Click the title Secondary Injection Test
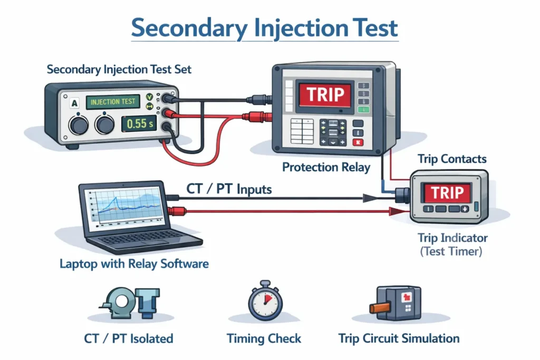pos(264,28)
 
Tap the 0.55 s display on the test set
pos(139,124)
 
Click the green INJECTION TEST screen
pos(112,101)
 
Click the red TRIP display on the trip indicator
pos(447,192)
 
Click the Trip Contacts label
pos(452,159)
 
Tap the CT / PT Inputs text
pos(229,189)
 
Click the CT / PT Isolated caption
pos(128,338)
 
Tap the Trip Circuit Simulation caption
pos(399,338)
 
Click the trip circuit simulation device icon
pos(396,303)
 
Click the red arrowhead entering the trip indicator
pos(393,212)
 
